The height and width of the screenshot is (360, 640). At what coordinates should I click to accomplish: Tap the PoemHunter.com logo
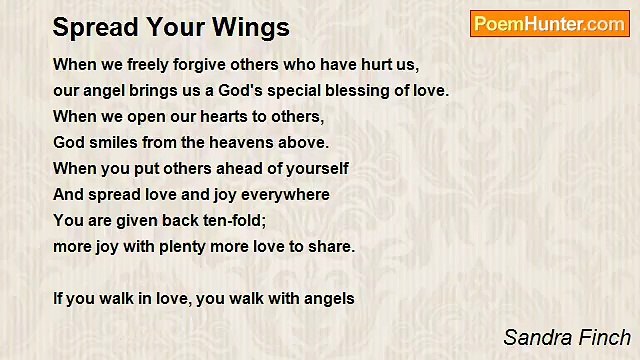[x=549, y=24]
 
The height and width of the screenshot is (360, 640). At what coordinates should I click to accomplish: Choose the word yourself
[x=314, y=169]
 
